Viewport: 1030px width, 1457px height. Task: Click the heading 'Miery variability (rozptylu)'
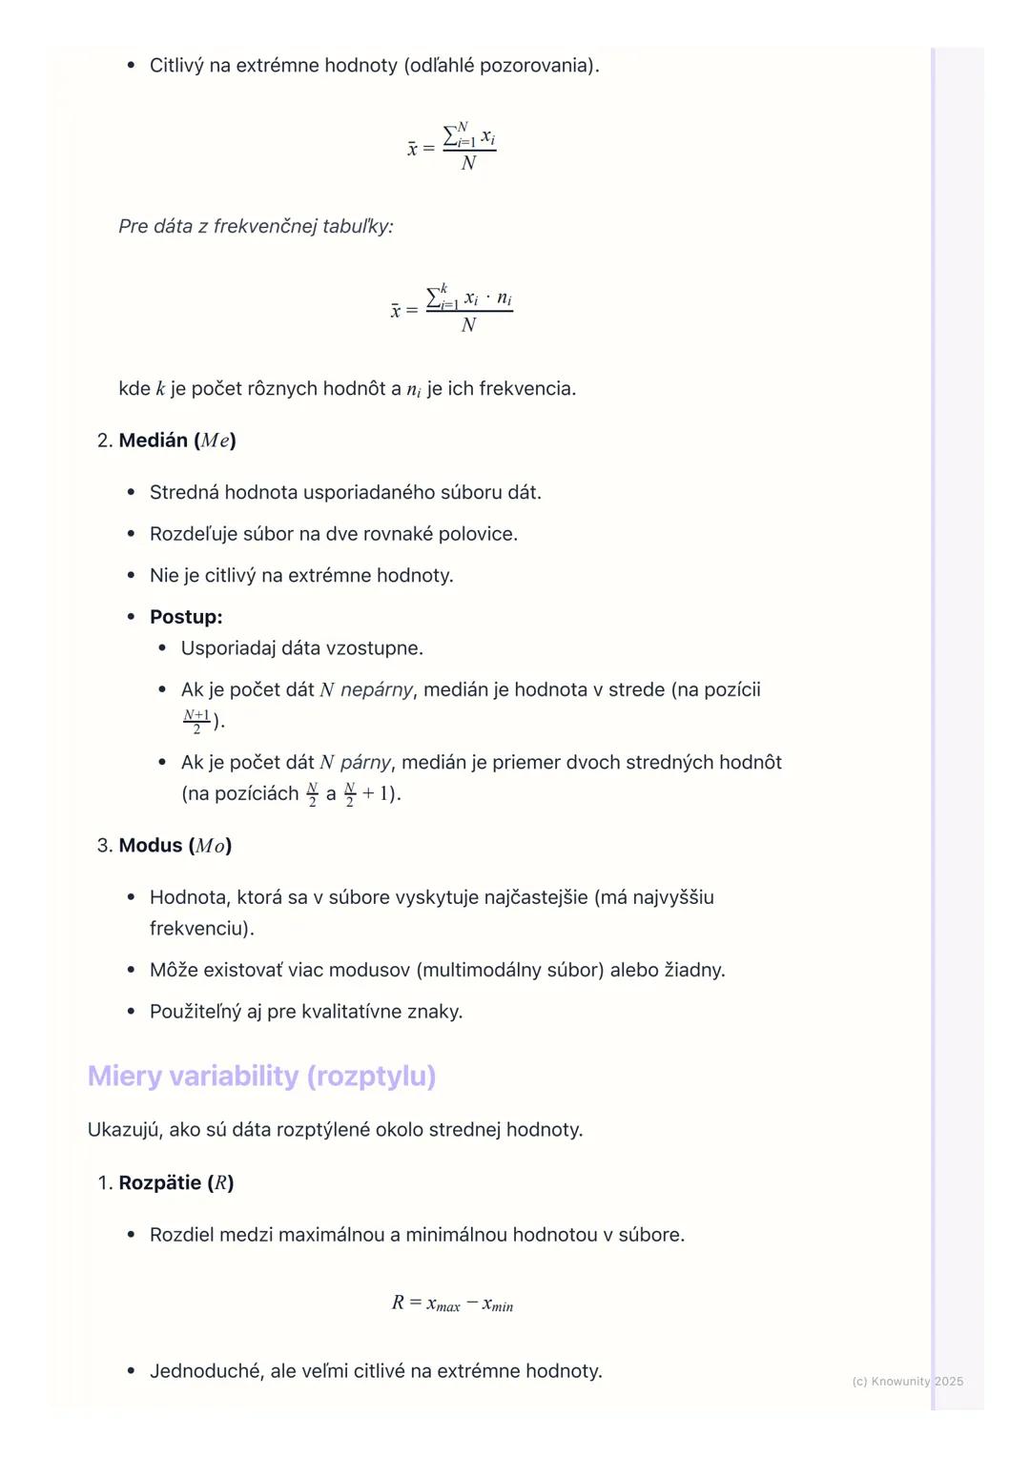pyautogui.click(x=261, y=1076)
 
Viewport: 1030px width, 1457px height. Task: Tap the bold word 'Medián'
pyautogui.click(x=154, y=441)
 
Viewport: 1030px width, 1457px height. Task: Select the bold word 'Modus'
pyautogui.click(x=151, y=846)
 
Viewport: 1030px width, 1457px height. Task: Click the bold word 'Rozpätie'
pyautogui.click(x=159, y=1183)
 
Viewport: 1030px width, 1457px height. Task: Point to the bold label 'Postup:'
pyautogui.click(x=186, y=617)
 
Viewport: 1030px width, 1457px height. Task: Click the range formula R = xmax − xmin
pyautogui.click(x=452, y=1303)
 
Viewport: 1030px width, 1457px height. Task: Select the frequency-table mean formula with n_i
pyautogui.click(x=452, y=309)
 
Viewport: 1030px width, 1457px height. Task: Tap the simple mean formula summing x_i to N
pyautogui.click(x=452, y=147)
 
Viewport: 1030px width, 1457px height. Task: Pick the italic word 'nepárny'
pyautogui.click(x=377, y=689)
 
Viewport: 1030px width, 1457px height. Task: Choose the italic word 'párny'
pyautogui.click(x=365, y=763)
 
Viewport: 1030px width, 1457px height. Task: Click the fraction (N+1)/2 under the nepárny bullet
pyautogui.click(x=196, y=721)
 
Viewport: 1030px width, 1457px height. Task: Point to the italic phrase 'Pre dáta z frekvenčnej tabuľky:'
pyautogui.click(x=256, y=227)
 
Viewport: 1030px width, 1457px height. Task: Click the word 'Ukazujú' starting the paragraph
pyautogui.click(x=123, y=1130)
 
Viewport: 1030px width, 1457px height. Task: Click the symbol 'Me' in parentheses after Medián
pyautogui.click(x=215, y=441)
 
